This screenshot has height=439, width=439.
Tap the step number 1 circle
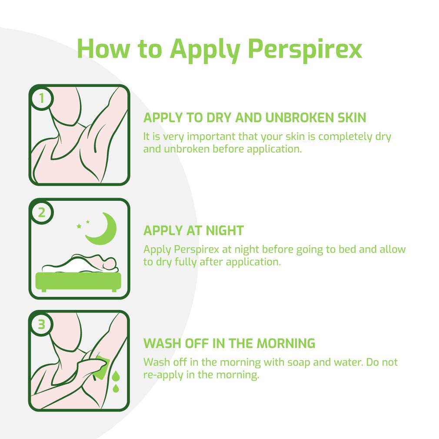pyautogui.click(x=42, y=99)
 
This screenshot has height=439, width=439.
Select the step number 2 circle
pyautogui.click(x=42, y=213)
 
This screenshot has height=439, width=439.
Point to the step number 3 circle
pyautogui.click(x=42, y=325)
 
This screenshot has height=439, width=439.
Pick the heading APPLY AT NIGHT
pyautogui.click(x=193, y=230)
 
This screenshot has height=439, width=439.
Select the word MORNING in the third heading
pyautogui.click(x=286, y=343)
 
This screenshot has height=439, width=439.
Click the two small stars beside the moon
pyautogui.click(x=83, y=224)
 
